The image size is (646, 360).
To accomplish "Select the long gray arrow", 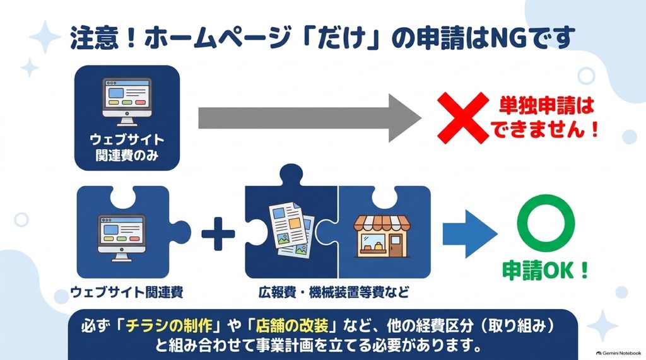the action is (310, 119).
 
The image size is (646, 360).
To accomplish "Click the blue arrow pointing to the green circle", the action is (469, 234).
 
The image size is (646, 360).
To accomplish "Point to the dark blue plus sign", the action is (218, 234).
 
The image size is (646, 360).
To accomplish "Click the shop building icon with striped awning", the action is (382, 236).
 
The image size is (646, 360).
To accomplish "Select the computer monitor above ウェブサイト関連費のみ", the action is (127, 102).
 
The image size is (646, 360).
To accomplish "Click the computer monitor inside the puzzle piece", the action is (122, 237).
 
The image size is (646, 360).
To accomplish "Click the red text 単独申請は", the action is (547, 105).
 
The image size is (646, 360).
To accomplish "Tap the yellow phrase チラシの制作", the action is (169, 326).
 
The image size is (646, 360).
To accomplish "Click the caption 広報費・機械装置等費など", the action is (334, 292).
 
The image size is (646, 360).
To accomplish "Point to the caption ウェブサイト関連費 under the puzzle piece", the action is (127, 292).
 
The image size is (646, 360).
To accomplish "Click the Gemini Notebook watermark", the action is (618, 353).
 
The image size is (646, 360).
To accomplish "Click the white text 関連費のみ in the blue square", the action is (127, 155).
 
